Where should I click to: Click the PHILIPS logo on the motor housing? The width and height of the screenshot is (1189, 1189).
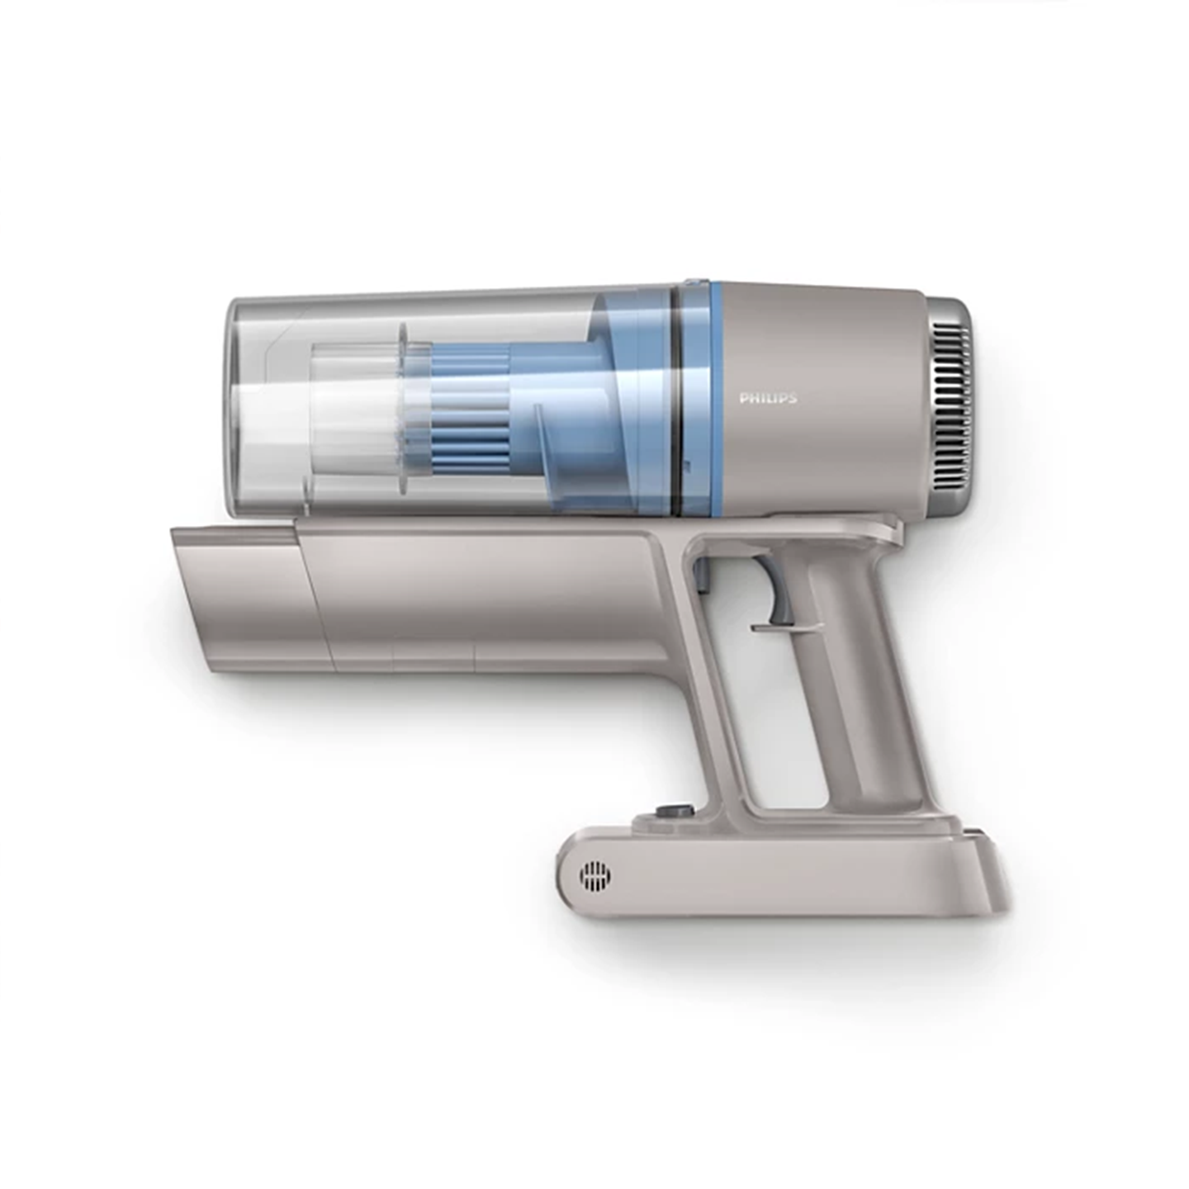coord(768,399)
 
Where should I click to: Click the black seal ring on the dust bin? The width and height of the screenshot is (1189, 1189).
coord(676,400)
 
